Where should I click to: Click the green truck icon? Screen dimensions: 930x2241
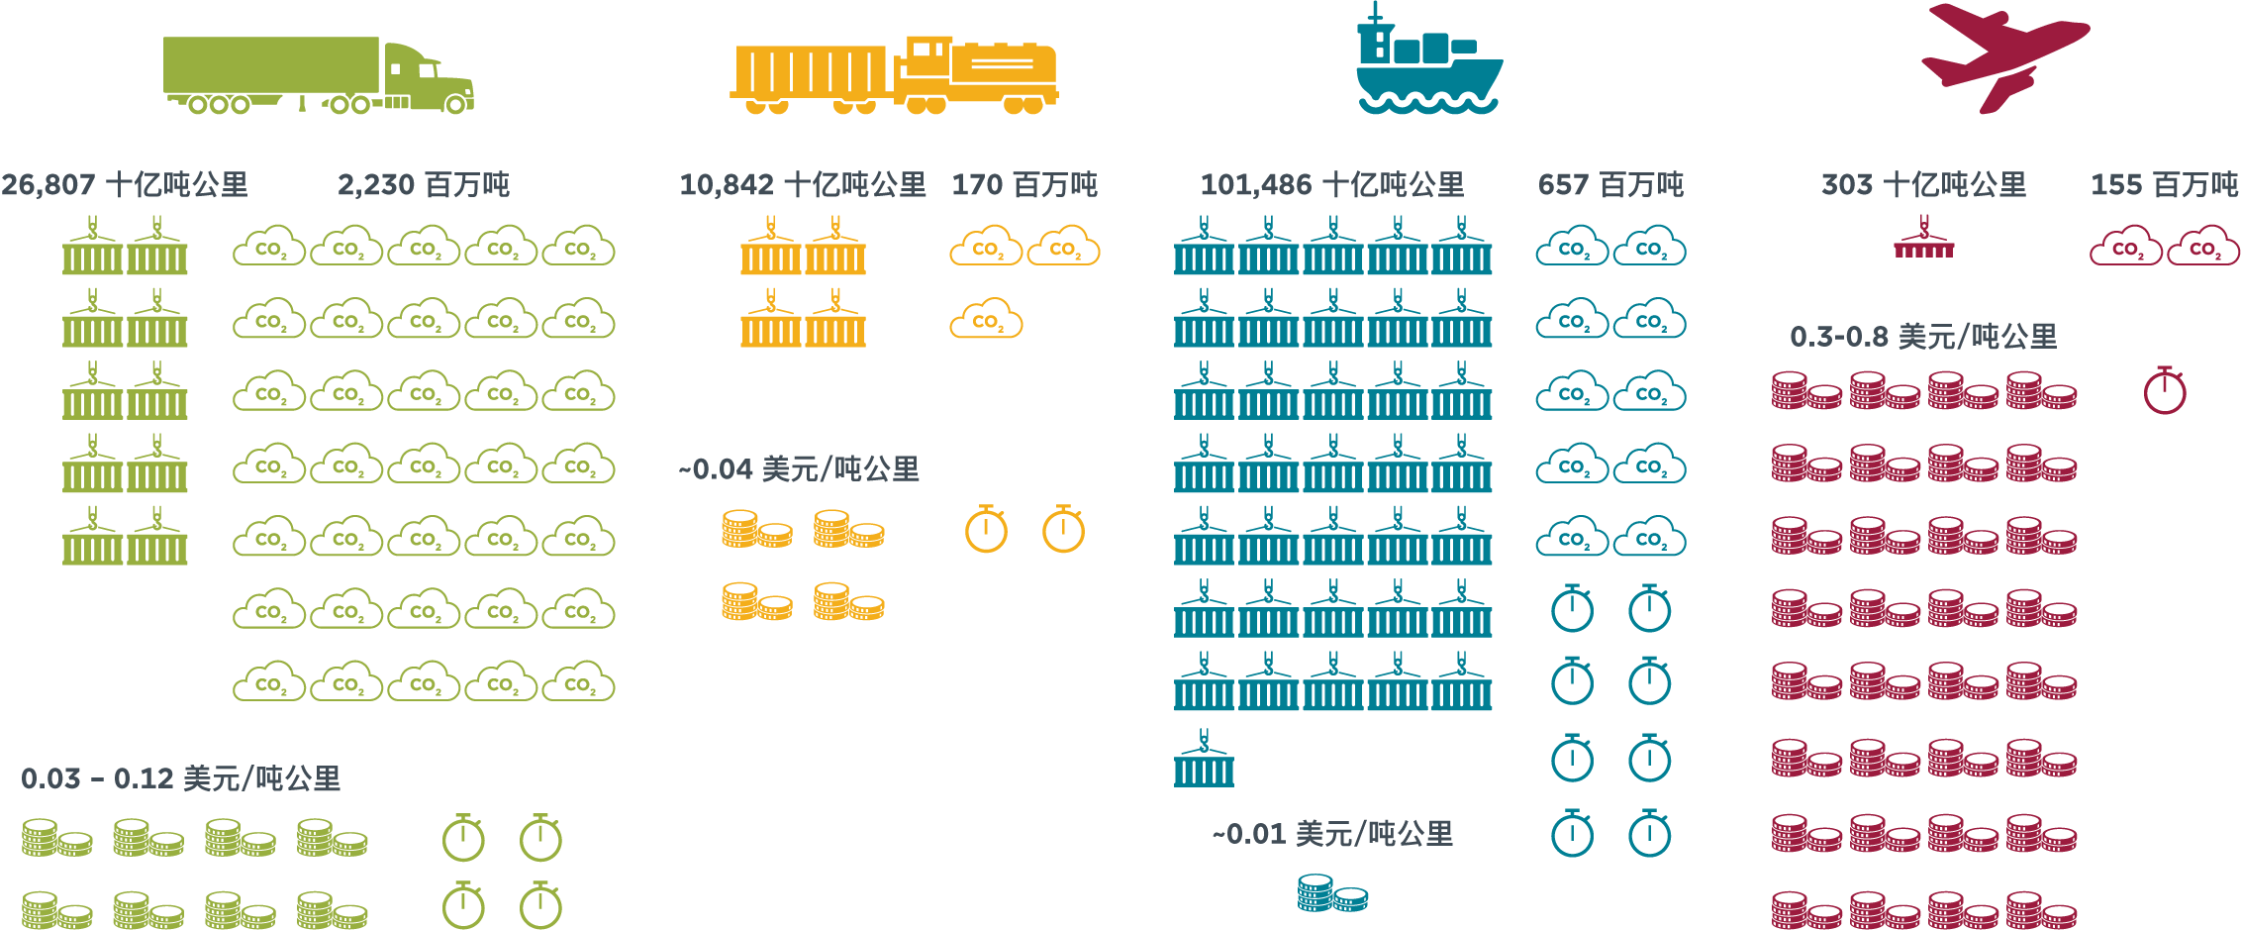tap(317, 75)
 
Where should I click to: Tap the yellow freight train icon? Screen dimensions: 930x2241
tap(894, 75)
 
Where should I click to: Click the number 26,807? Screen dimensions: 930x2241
tap(49, 185)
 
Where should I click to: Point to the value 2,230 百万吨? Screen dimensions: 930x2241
tap(424, 185)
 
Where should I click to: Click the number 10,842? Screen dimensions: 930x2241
tap(727, 185)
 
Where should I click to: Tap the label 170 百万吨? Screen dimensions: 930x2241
tap(1024, 185)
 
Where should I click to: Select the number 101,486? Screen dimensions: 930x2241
tap(1256, 185)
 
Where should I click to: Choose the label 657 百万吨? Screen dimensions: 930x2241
tap(1610, 185)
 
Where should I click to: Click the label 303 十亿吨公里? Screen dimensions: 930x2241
tap(1923, 185)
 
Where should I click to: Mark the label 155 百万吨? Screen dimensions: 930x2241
tap(2164, 185)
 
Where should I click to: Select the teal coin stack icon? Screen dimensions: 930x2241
tap(1332, 893)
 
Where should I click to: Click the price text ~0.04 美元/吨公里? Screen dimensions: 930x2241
tap(799, 469)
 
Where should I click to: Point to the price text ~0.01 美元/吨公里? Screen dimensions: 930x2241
tap(1332, 834)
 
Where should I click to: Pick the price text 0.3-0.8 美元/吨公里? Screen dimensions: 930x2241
tap(1922, 338)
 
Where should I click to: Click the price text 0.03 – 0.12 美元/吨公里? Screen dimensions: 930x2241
tap(181, 779)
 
